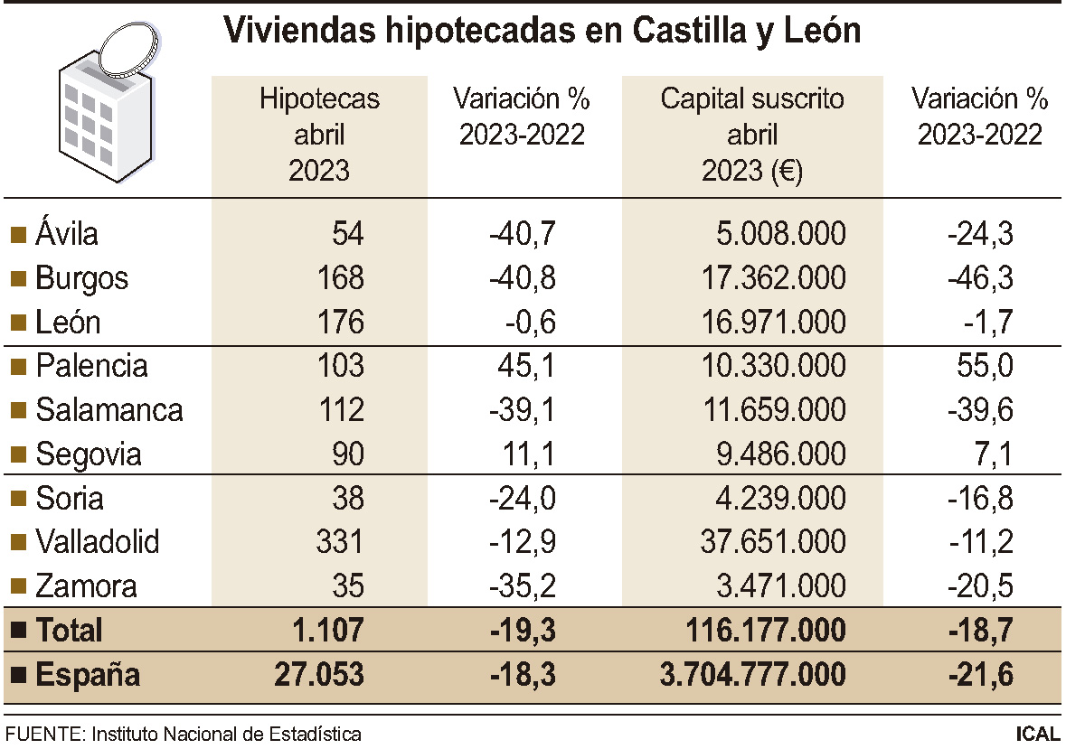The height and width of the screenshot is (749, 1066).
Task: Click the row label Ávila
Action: [66, 234]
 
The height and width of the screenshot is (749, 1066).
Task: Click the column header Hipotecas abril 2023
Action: [319, 135]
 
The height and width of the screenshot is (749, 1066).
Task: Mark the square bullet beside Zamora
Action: [17, 586]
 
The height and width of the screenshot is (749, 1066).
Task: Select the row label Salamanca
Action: [108, 410]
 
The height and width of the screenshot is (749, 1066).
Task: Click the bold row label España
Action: [88, 674]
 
